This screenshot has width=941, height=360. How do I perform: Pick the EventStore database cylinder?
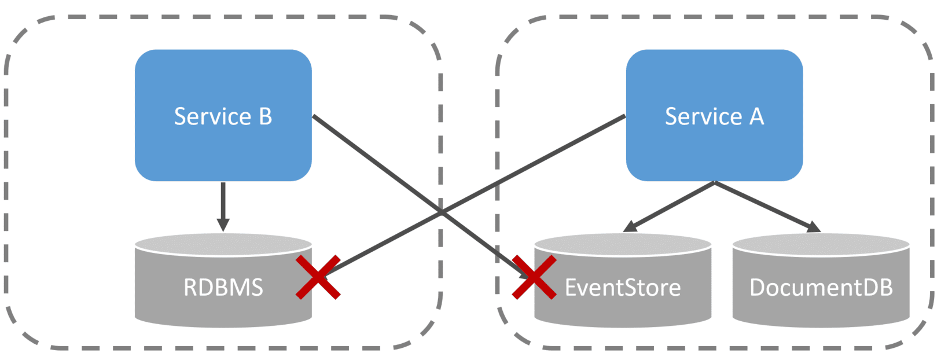[623, 307]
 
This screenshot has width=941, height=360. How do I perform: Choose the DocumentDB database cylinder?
[821, 307]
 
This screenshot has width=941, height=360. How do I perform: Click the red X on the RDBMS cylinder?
[318, 278]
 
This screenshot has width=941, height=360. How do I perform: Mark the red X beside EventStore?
[534, 277]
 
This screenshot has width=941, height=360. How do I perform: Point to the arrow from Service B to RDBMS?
[223, 203]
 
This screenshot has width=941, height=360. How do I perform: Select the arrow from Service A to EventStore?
[671, 206]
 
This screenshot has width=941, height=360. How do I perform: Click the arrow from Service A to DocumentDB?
[764, 205]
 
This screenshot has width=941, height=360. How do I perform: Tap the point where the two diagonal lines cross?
[442, 212]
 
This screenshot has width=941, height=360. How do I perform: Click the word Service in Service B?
[212, 116]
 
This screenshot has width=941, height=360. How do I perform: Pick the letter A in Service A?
[756, 116]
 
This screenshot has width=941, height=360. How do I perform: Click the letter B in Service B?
[265, 116]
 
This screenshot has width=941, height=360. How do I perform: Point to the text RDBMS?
[223, 287]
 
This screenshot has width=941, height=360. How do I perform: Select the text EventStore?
[623, 287]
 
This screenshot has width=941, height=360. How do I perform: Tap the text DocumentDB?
[821, 287]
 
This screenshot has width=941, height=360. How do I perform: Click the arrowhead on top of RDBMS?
[223, 225]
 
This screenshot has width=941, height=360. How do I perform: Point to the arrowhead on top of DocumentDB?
[813, 227]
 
